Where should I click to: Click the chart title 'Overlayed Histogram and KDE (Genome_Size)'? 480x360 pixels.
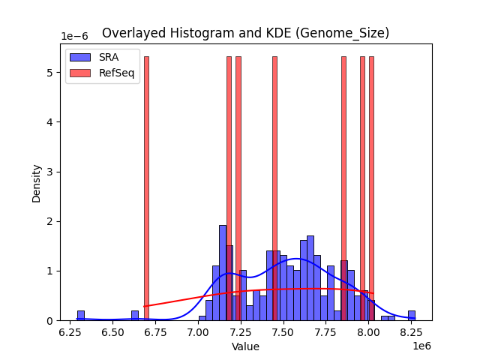click(x=245, y=33)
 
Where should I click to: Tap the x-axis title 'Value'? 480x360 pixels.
click(x=245, y=346)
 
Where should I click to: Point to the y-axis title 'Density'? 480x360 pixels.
click(x=36, y=182)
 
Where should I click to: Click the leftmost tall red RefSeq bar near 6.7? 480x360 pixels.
click(x=146, y=187)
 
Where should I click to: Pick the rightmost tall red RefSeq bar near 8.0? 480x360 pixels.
click(x=371, y=187)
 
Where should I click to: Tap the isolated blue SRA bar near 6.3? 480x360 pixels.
click(x=80, y=316)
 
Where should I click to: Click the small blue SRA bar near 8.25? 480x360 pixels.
click(x=412, y=316)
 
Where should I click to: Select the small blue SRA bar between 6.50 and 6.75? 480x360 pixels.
click(x=135, y=316)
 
